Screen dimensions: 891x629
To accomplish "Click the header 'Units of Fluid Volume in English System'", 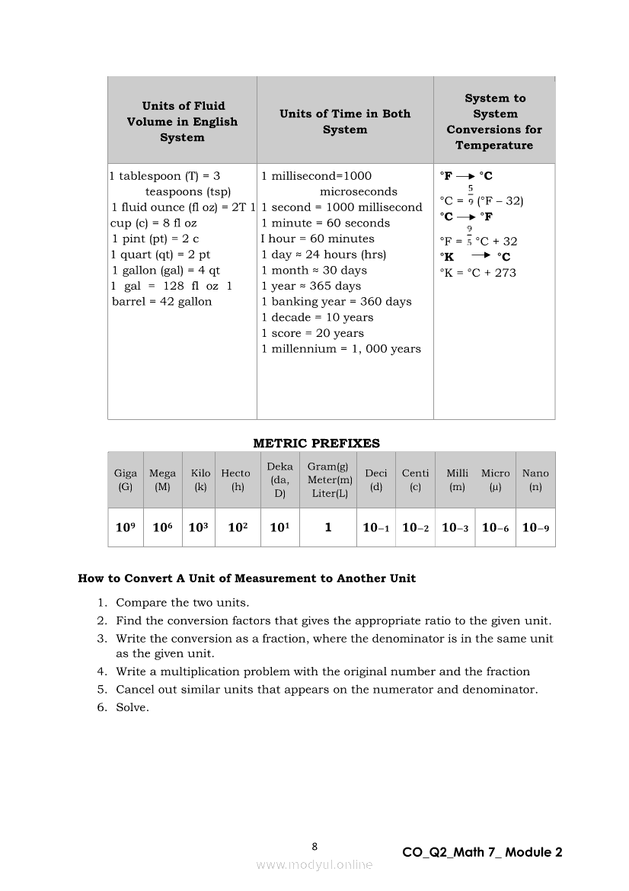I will (182, 122).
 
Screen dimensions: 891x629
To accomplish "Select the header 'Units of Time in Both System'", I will (345, 122).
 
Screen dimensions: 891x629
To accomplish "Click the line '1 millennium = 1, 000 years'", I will (340, 349).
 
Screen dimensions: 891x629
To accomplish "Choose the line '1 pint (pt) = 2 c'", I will (155, 239).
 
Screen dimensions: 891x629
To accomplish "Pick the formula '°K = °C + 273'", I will (477, 273).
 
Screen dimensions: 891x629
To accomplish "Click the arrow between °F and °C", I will (465, 176).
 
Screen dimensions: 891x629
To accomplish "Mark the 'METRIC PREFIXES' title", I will (316, 443).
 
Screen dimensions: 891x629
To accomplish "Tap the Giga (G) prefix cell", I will (126, 480).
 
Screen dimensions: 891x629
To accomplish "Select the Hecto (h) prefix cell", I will (236, 480).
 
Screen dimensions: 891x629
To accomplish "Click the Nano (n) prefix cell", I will (535, 480).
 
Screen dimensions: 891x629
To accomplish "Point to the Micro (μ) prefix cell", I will (496, 480).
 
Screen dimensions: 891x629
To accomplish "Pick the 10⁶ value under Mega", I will (162, 527).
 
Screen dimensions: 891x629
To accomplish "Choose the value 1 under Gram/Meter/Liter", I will (328, 527).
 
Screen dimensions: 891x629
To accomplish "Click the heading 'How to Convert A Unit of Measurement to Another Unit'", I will (247, 579).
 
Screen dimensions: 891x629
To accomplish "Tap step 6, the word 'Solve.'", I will (133, 707).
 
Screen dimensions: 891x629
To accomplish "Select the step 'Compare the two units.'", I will (183, 602).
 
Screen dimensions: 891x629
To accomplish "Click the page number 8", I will (314, 846).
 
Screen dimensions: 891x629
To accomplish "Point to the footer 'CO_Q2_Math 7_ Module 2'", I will (482, 853).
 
